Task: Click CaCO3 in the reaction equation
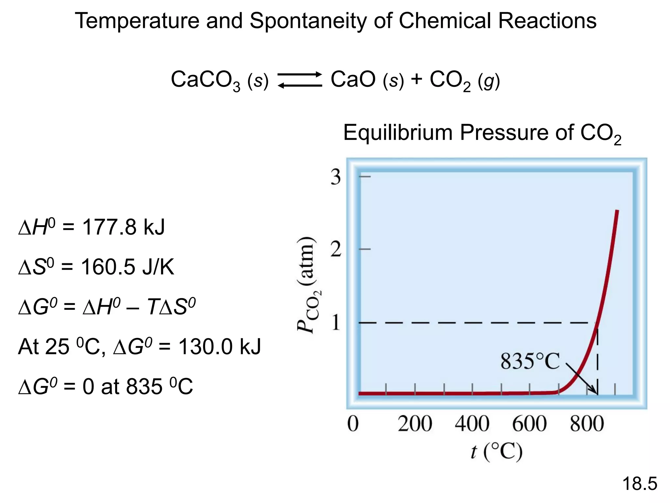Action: pyautogui.click(x=205, y=80)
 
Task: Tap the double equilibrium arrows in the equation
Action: pyautogui.click(x=300, y=80)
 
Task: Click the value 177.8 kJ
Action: pyautogui.click(x=123, y=227)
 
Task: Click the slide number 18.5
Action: pyautogui.click(x=640, y=484)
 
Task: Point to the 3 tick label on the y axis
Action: pyautogui.click(x=336, y=177)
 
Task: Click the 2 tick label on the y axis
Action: pyautogui.click(x=336, y=250)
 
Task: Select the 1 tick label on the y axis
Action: pyautogui.click(x=336, y=323)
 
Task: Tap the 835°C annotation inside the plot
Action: pyautogui.click(x=530, y=362)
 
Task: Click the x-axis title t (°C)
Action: pyautogui.click(x=496, y=452)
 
